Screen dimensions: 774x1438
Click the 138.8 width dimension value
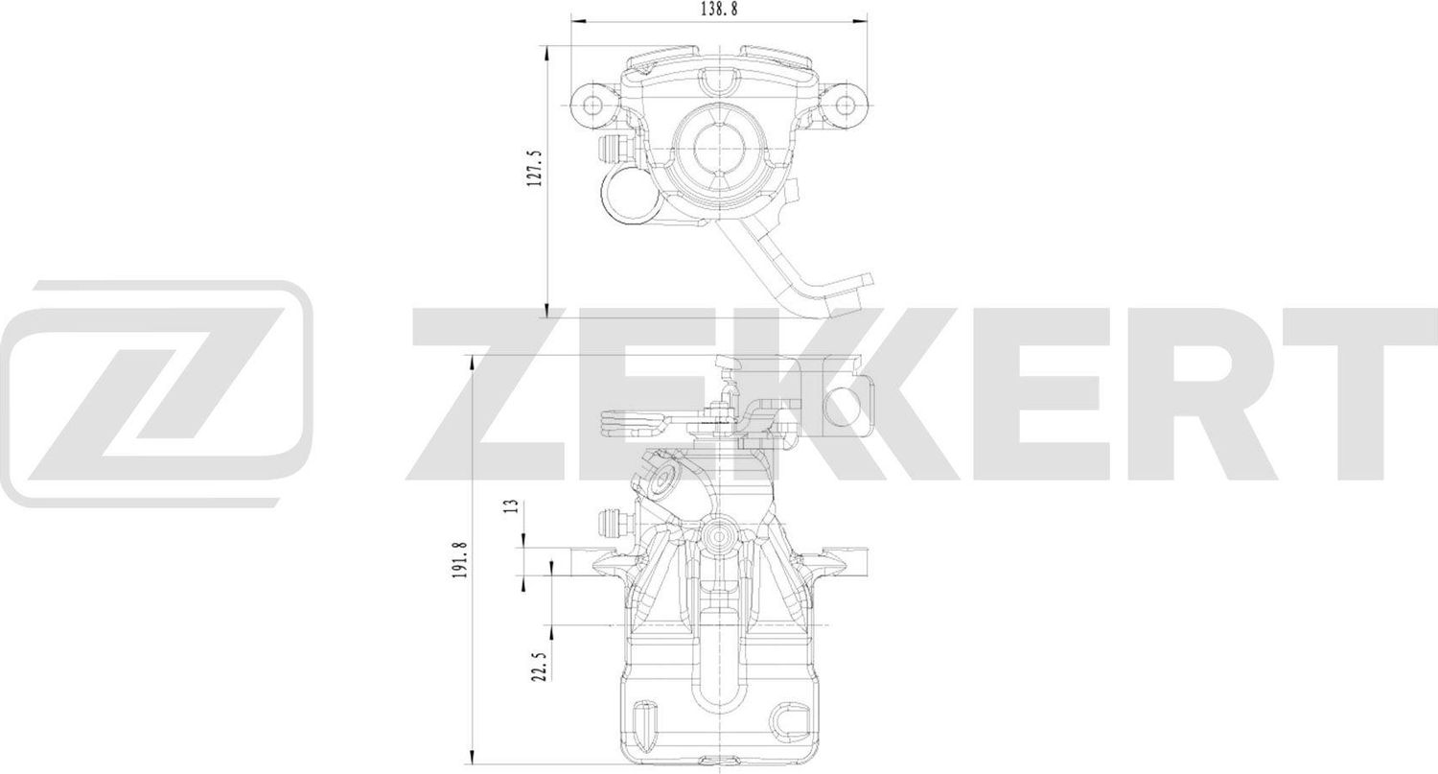718,8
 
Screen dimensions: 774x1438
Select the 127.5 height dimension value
535,168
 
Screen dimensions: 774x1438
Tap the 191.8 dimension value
461,559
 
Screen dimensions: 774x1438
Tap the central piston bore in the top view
718,149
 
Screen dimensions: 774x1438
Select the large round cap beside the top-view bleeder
626,196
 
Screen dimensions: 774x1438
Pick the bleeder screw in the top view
611,149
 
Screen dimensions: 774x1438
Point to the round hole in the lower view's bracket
843,402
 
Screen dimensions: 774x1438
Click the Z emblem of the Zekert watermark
158,393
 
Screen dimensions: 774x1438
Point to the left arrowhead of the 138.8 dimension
575,17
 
